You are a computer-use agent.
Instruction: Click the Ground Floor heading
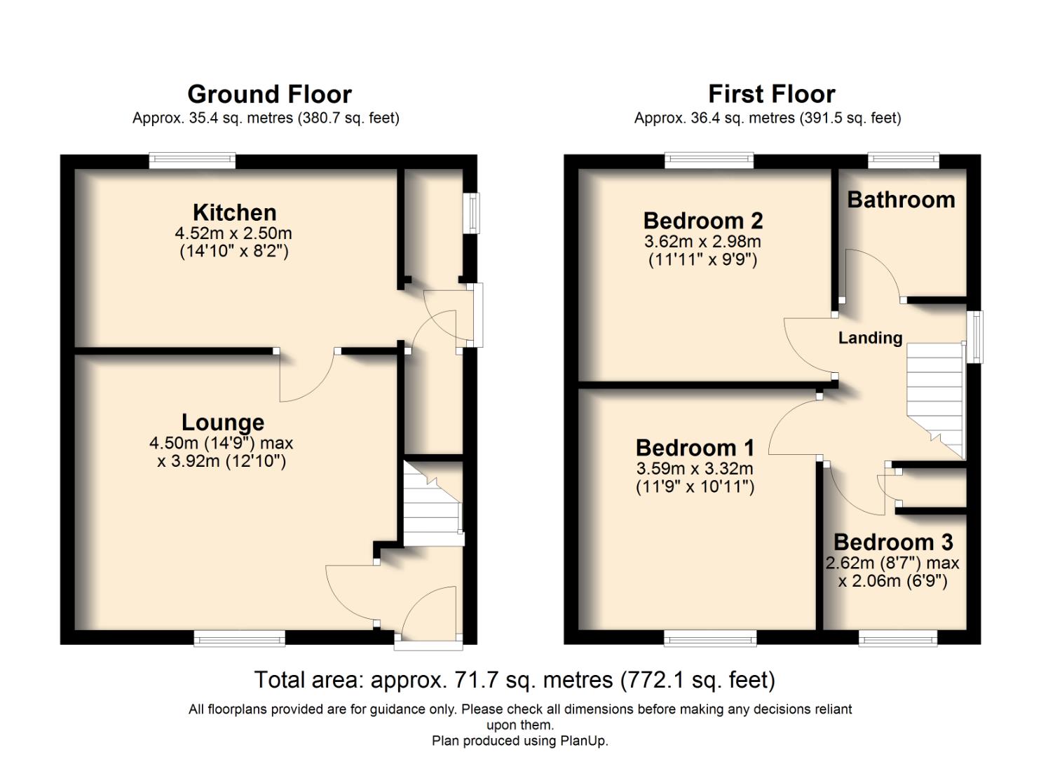coord(269,94)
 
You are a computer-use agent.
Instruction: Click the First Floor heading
coord(771,94)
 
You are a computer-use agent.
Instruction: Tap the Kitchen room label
coord(234,212)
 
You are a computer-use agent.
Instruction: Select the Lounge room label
coord(222,422)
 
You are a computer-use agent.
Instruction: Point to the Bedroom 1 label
coord(695,447)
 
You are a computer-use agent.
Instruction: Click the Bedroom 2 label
coord(702,221)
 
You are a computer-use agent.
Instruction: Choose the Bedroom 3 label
coord(892,542)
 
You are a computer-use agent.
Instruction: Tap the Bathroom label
coord(901,200)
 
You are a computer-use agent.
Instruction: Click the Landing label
coord(870,338)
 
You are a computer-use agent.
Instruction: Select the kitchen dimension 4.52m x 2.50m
coord(233,233)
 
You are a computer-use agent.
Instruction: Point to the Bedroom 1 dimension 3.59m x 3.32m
coord(695,468)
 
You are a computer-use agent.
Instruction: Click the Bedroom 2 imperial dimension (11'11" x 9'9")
coord(702,259)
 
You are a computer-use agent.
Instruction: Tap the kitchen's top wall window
coord(192,161)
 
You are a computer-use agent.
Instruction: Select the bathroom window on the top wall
coord(903,161)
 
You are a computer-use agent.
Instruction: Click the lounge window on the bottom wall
coord(239,637)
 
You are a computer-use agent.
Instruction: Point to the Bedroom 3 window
coord(897,637)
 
